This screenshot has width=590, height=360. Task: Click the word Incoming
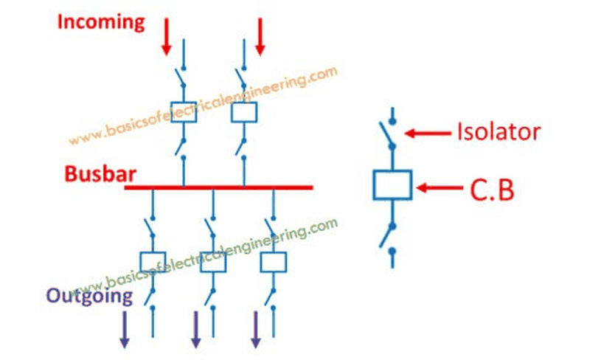point(101,22)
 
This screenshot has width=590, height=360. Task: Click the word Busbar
point(100,174)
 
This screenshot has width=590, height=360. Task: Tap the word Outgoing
point(89,296)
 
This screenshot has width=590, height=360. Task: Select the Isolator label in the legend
point(499,132)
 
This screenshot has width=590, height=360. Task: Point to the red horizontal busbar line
point(218,187)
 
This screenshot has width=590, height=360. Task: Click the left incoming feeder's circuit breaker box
point(184,112)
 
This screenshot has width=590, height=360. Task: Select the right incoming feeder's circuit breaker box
point(244,112)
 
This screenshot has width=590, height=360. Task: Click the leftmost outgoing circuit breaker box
point(153,262)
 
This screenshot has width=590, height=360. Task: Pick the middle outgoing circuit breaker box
point(213,262)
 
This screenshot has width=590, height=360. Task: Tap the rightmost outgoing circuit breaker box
point(274,262)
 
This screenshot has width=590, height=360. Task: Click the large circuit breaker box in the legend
point(392,185)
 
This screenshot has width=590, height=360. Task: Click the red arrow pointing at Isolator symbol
point(428,133)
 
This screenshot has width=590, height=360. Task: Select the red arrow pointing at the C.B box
point(440,187)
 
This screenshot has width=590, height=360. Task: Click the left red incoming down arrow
point(167,37)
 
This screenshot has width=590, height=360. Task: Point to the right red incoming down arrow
point(260,37)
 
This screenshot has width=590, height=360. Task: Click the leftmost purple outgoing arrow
point(125,330)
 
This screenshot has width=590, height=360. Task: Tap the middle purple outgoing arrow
point(195,330)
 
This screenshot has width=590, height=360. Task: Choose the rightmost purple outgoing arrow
point(256,330)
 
